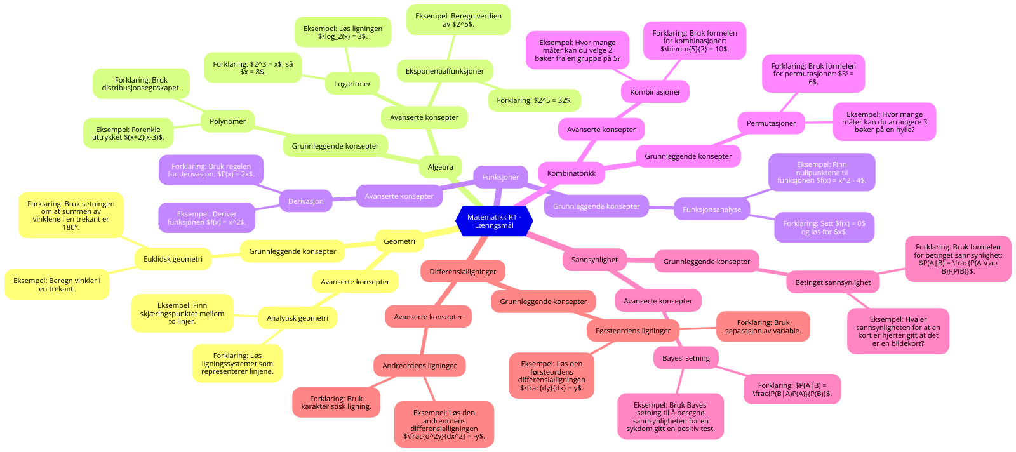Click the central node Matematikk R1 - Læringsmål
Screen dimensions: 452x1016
click(494, 221)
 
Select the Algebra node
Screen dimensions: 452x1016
click(440, 167)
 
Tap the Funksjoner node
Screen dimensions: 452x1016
click(500, 177)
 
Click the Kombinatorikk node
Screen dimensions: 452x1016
click(571, 173)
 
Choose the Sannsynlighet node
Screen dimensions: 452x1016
click(594, 260)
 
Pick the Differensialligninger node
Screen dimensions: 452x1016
click(462, 272)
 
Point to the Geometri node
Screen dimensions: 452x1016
click(399, 241)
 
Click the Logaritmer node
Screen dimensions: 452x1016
click(352, 84)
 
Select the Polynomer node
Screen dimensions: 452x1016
click(227, 121)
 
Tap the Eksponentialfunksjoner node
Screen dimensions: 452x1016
click(444, 71)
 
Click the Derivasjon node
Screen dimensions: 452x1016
click(305, 201)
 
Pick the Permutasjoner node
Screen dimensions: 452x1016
click(771, 123)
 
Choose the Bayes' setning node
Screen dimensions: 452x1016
click(686, 358)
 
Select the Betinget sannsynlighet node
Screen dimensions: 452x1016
click(832, 282)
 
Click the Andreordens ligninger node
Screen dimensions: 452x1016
click(419, 366)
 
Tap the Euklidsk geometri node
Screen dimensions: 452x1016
click(173, 259)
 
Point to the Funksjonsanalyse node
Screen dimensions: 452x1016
click(711, 209)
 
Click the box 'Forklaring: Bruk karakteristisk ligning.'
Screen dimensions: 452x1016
click(336, 402)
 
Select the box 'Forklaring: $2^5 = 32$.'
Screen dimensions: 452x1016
click(534, 100)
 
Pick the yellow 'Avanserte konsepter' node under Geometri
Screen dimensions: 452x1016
click(355, 282)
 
